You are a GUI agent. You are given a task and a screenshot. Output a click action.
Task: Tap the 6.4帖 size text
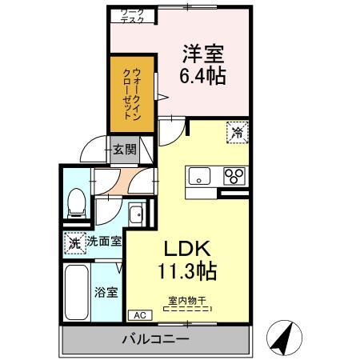point(202,77)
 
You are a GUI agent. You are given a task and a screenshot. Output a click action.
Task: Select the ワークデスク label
point(132,15)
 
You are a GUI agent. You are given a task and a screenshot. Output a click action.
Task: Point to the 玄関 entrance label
point(123,149)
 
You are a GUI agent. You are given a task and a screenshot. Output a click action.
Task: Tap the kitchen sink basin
point(198,176)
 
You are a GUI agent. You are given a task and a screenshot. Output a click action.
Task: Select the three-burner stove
point(234,176)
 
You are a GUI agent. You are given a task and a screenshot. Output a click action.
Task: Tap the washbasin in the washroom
point(137,214)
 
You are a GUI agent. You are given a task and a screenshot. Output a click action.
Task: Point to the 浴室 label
point(106,292)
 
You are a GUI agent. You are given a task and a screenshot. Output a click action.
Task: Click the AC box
point(137,315)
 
